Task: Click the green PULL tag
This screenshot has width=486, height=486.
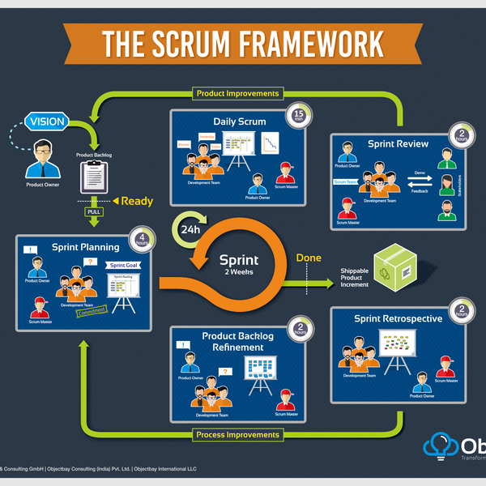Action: (95, 213)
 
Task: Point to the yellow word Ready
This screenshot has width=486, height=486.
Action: (137, 200)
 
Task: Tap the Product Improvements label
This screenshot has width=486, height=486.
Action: (238, 93)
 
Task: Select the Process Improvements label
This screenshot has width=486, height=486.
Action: (238, 435)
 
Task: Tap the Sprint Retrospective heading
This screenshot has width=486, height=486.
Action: (398, 318)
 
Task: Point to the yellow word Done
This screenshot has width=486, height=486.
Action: (308, 258)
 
